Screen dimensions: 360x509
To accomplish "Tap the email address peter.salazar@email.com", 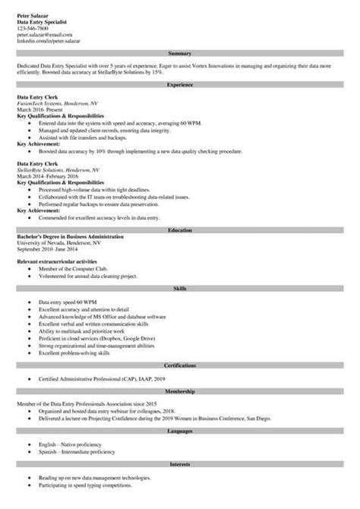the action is tap(42, 35).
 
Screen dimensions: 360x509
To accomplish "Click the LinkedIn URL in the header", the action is tap(47, 41).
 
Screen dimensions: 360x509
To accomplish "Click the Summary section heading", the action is tap(179, 54).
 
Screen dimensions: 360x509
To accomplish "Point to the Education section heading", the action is tap(179, 230).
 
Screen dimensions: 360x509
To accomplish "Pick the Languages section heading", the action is tap(179, 432).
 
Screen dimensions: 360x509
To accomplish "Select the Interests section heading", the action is tap(179, 461).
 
